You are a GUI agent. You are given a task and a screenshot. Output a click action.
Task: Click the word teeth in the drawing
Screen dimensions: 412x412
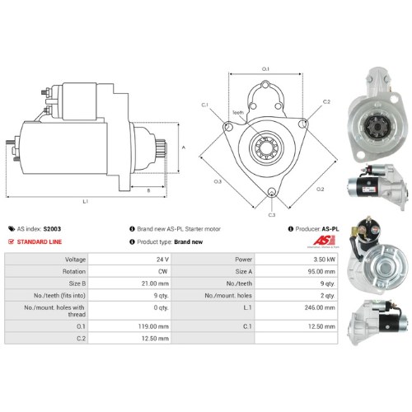point(238,112)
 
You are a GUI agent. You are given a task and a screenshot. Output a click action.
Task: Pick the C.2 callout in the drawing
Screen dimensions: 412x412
point(326,101)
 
